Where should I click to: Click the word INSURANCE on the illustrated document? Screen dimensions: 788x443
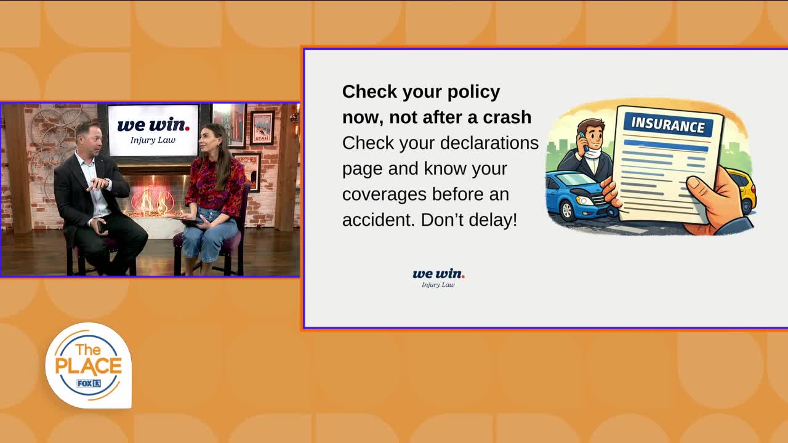point(668,125)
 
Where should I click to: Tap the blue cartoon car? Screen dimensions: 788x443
point(577,197)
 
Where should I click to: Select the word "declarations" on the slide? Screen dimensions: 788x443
point(489,143)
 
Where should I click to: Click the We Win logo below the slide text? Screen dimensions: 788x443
point(438,278)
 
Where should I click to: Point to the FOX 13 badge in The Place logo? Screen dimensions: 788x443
point(89,383)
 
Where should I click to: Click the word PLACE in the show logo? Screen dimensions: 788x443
point(88,366)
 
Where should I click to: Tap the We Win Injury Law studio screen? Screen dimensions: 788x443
point(153,130)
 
